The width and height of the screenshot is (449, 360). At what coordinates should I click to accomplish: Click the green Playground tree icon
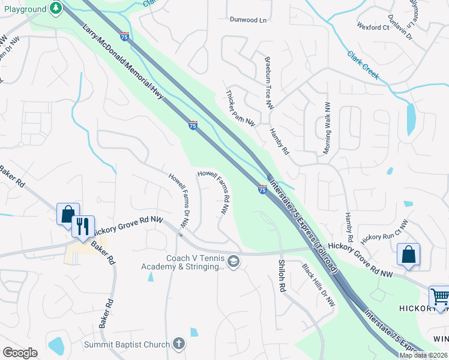pos(56,8)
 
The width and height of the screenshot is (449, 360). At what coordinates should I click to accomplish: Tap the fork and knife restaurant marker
pos(83,227)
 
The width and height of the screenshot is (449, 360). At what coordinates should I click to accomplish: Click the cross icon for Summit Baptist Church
pos(178,344)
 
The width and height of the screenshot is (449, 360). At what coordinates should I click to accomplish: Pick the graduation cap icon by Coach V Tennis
pos(233,261)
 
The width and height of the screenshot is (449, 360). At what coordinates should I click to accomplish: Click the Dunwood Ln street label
pos(247,19)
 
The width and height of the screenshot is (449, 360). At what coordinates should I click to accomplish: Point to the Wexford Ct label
pos(373,28)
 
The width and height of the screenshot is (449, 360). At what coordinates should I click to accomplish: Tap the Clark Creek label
pos(363,64)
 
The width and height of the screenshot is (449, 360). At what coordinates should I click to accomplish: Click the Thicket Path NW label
pos(241,108)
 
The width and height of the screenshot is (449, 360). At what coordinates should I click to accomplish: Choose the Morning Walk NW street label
pos(327,128)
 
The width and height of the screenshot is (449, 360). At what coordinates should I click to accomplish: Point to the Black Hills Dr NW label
pos(318,286)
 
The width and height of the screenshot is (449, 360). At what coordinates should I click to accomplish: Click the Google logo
pos(20,353)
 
